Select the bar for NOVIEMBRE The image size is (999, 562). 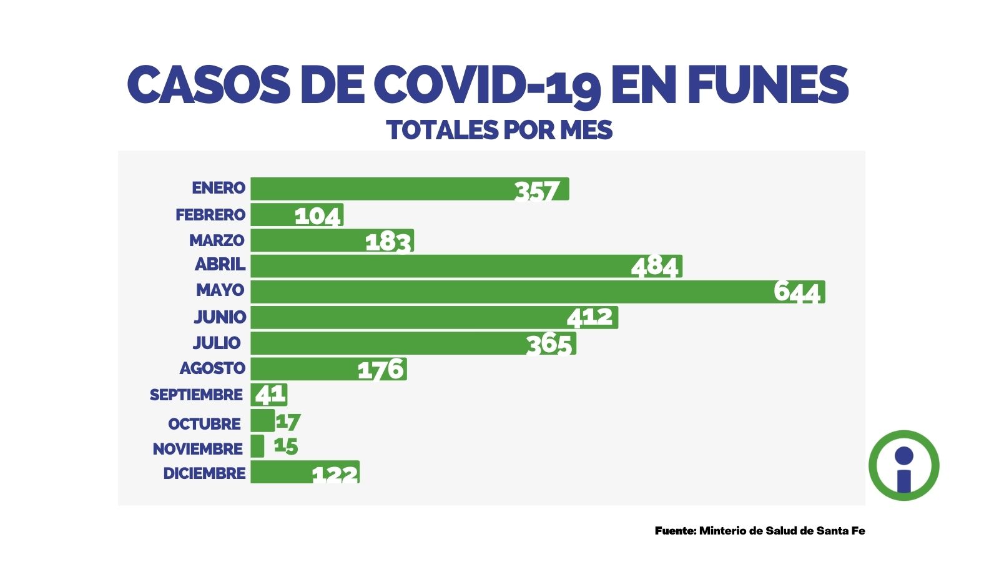[257, 446]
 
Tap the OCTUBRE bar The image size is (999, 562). [262, 420]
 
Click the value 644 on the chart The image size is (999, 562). [796, 292]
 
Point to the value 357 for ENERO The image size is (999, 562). [537, 190]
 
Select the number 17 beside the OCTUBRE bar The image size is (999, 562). [288, 422]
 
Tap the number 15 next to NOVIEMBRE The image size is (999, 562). [286, 446]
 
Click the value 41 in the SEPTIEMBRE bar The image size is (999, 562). [270, 395]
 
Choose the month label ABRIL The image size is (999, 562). [220, 264]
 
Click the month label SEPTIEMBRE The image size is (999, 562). [196, 395]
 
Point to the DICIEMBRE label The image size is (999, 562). [204, 473]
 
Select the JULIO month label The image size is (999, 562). [217, 343]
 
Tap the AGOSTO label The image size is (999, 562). [212, 368]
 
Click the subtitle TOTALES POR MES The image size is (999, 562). [499, 130]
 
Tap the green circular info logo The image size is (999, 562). [903, 465]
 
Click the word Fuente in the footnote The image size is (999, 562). [675, 531]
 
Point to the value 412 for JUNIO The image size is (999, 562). [589, 317]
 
